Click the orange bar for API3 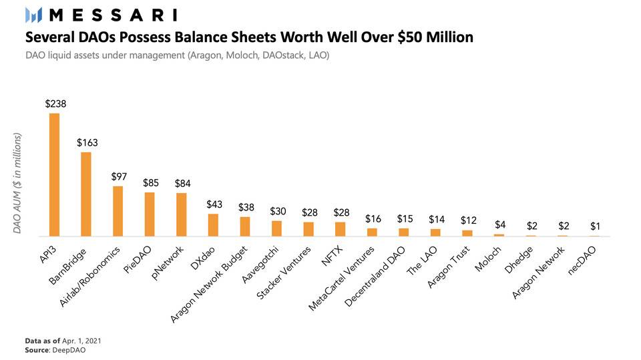point(55,175)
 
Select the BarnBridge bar point(86,194)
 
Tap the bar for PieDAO point(150,214)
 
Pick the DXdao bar point(213,225)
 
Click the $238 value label point(55,104)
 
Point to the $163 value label point(87,142)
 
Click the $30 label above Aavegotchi point(276,211)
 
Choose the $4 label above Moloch point(499,225)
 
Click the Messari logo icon point(33,14)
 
